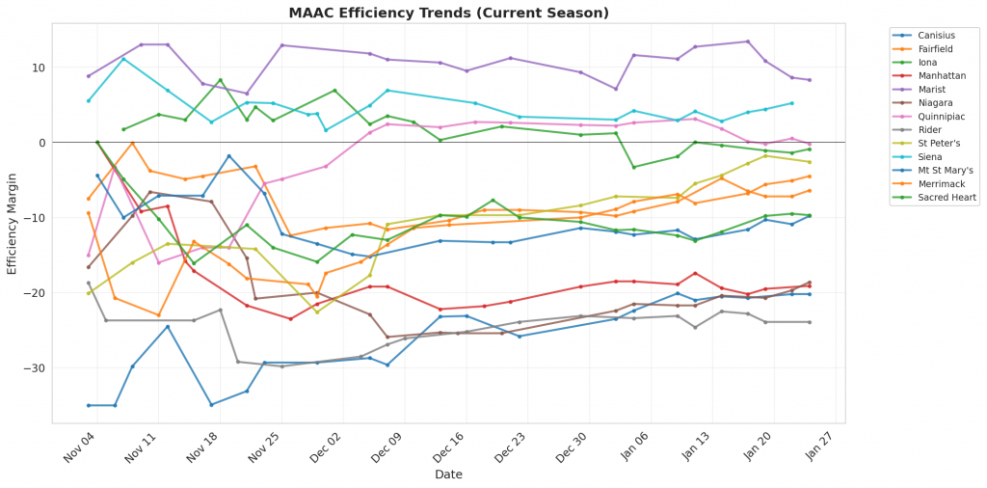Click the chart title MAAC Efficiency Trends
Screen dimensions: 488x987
449,14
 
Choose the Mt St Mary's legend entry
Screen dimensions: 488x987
944,170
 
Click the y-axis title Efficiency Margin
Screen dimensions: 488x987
13,218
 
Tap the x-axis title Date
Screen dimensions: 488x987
449,474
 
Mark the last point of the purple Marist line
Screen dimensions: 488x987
809,80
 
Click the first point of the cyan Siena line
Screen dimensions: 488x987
89,100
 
